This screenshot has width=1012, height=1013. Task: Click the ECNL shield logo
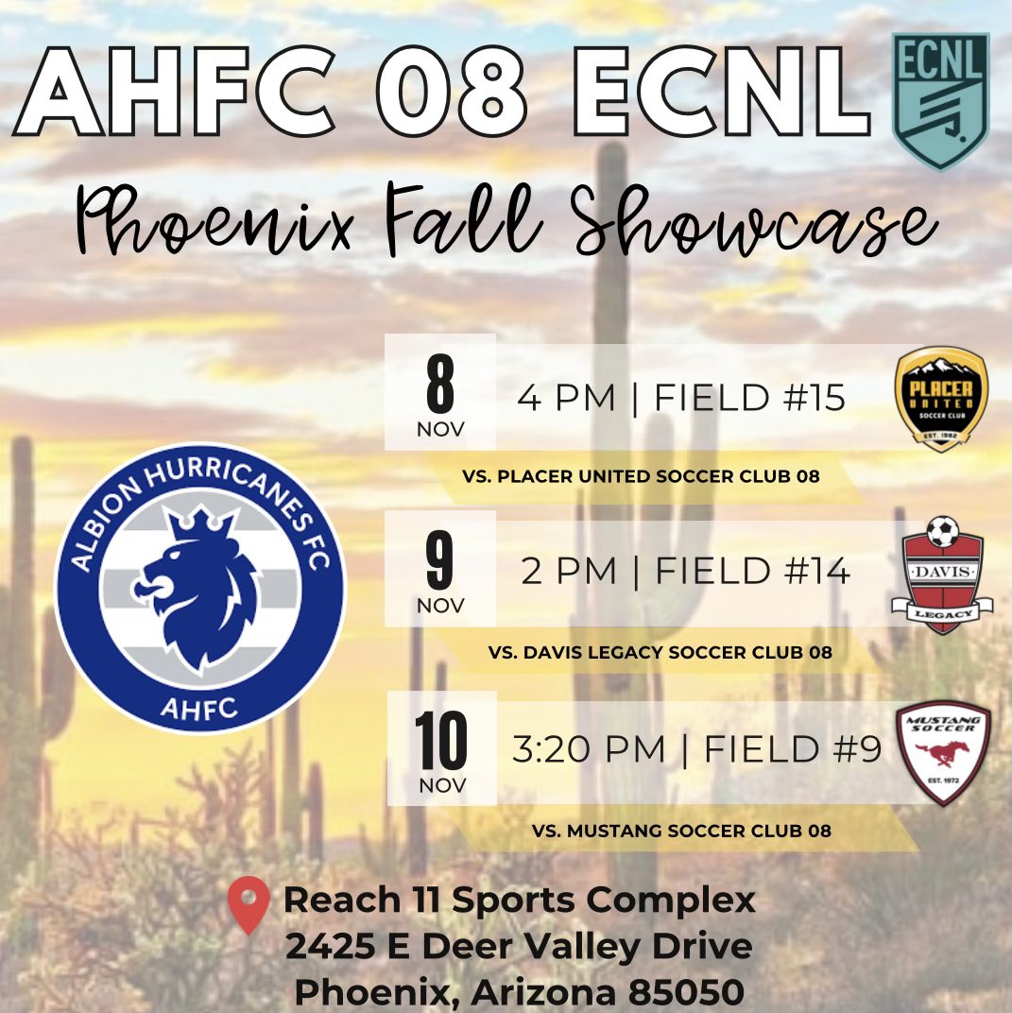tap(940, 101)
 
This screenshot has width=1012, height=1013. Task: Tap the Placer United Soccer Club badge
tap(940, 398)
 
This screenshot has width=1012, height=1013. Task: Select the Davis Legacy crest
tap(942, 579)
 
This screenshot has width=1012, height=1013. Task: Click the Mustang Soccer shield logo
tap(942, 752)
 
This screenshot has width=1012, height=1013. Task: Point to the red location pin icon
tap(249, 903)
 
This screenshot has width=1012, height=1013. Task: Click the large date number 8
tap(439, 384)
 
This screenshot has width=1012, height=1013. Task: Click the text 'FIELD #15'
tap(749, 399)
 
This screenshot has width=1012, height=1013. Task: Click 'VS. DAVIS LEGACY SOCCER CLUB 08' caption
tap(660, 652)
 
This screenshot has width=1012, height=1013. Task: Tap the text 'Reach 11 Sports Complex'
tap(520, 900)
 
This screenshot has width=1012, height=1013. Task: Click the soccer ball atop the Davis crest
tap(941, 532)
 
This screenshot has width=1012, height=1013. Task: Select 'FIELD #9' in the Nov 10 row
tap(793, 750)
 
